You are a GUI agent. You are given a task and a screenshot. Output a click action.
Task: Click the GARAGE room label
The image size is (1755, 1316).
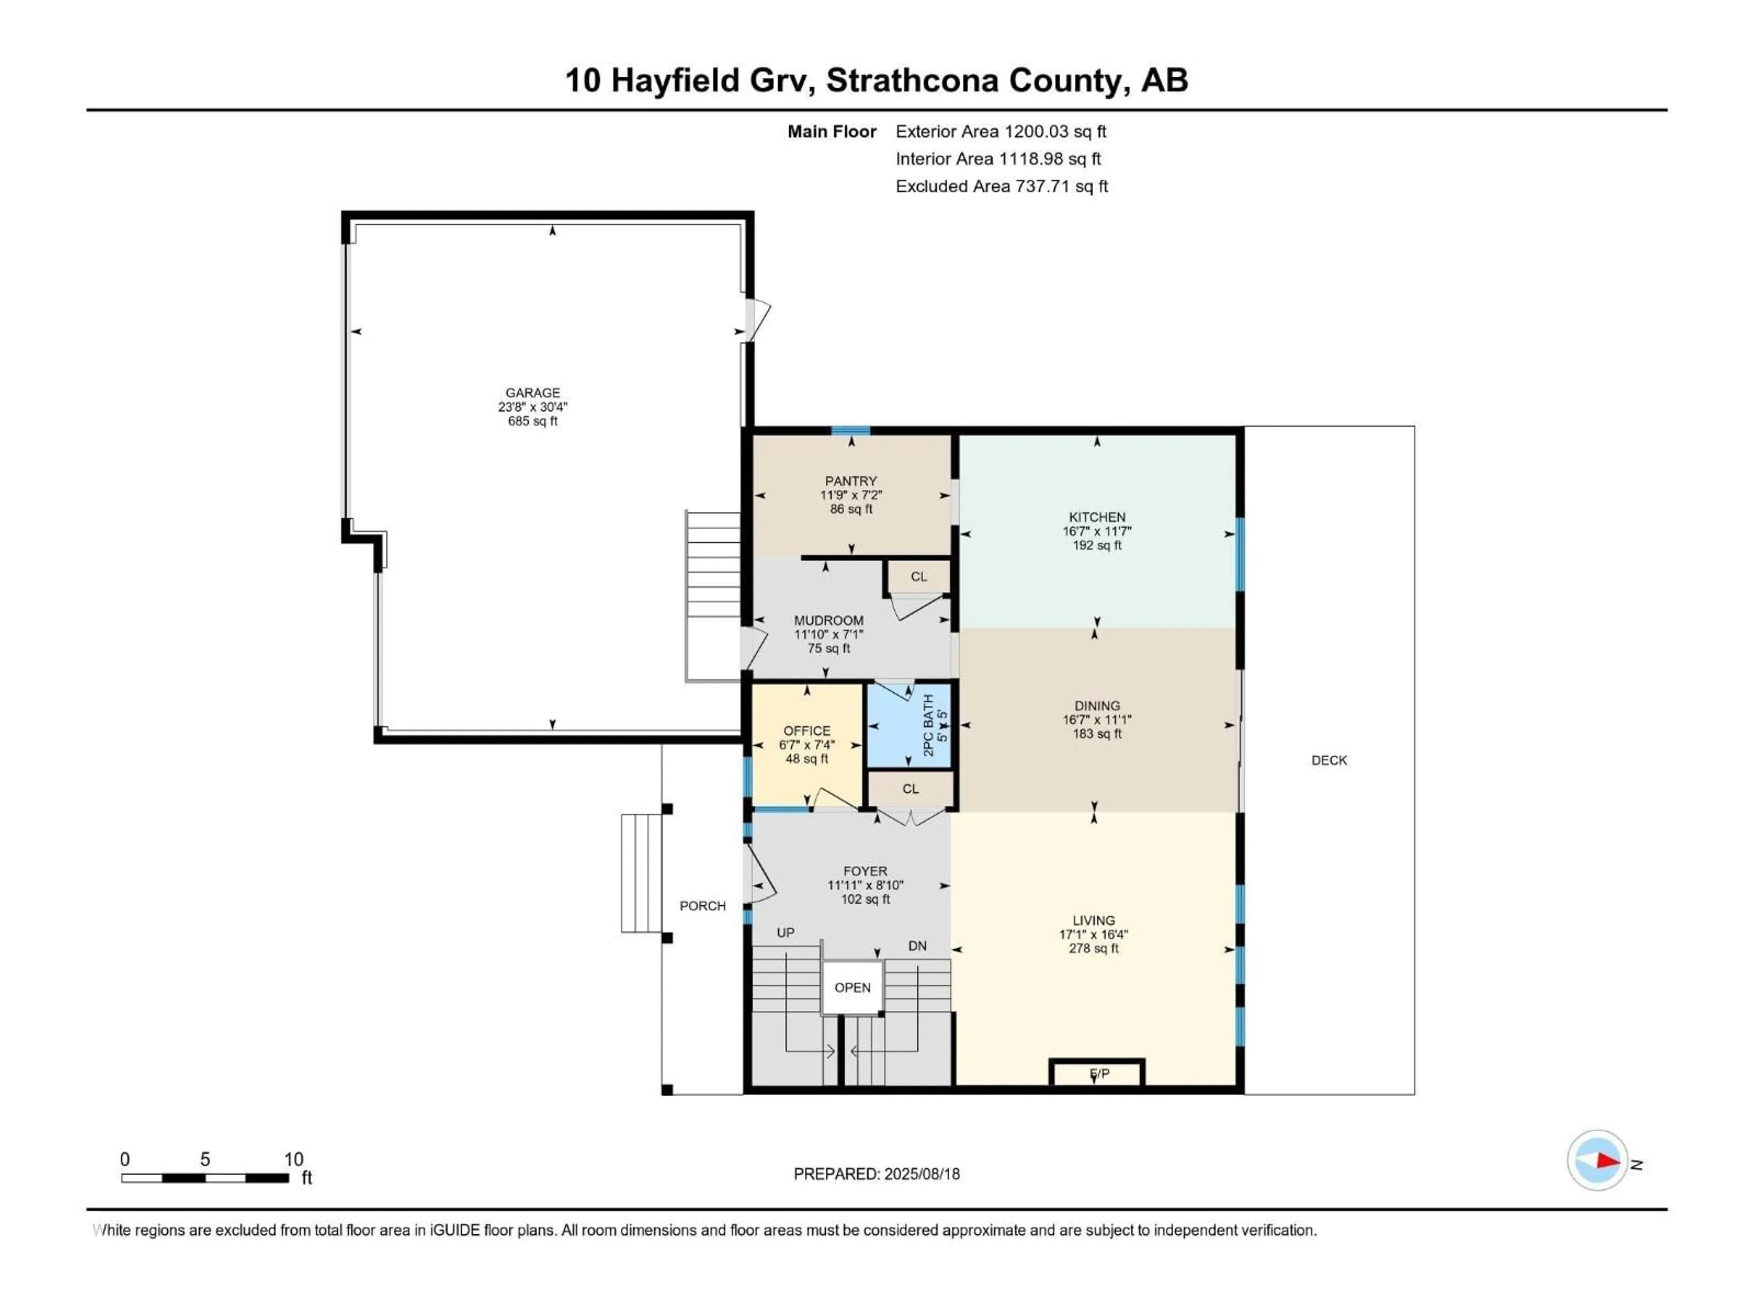(x=532, y=393)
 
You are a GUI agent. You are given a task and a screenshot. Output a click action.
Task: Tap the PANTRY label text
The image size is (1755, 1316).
(x=851, y=481)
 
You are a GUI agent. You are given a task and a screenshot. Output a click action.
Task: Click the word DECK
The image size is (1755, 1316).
(x=1329, y=760)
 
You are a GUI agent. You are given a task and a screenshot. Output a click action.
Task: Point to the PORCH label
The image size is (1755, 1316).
(x=702, y=906)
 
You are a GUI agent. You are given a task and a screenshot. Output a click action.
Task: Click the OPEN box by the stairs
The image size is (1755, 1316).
(x=852, y=987)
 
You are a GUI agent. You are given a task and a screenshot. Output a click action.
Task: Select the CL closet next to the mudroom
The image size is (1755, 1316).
(x=919, y=577)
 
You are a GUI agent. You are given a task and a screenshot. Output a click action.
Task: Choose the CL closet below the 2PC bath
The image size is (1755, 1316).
(x=910, y=789)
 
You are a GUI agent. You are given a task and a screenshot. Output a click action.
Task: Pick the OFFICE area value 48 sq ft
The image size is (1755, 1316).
(x=807, y=759)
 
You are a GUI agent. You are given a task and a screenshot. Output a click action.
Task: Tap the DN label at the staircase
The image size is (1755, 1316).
(x=917, y=946)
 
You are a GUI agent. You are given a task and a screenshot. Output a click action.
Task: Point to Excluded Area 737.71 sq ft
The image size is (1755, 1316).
(x=1001, y=186)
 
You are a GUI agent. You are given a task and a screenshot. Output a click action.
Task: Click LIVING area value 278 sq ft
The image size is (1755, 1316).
(x=1093, y=949)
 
